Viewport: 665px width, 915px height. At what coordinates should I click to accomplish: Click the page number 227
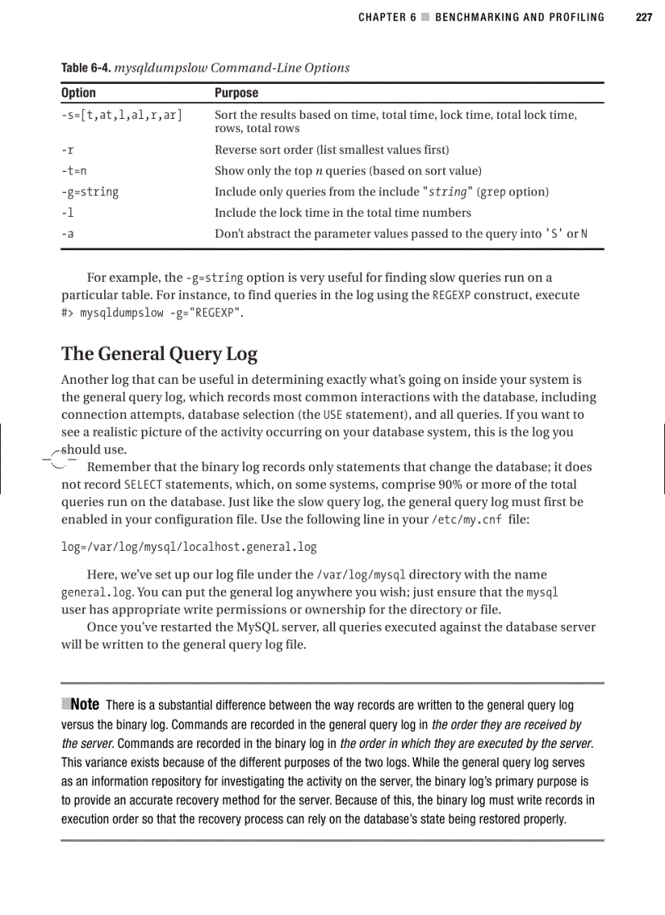[x=644, y=16]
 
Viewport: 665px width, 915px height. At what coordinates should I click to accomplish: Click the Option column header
[x=78, y=93]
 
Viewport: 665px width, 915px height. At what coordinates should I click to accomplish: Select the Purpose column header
[x=236, y=93]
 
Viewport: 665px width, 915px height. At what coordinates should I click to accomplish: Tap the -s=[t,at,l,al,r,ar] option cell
[x=121, y=115]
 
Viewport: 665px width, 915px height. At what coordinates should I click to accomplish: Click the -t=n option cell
[x=74, y=171]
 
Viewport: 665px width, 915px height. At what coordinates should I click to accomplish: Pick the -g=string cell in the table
[x=90, y=192]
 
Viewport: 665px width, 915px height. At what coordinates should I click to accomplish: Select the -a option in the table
[x=68, y=234]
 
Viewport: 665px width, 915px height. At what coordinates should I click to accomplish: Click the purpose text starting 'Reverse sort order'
[x=331, y=150]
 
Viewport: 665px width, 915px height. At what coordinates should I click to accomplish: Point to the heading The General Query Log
[x=159, y=354]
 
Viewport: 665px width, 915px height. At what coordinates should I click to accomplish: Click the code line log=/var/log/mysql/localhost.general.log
[x=189, y=547]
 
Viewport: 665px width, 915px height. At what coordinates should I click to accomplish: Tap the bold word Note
[x=86, y=704]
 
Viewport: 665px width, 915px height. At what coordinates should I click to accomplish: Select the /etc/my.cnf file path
[x=465, y=519]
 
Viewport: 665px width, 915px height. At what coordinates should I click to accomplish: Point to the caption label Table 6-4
[x=86, y=68]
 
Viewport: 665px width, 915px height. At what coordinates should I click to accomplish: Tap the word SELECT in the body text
[x=144, y=485]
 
